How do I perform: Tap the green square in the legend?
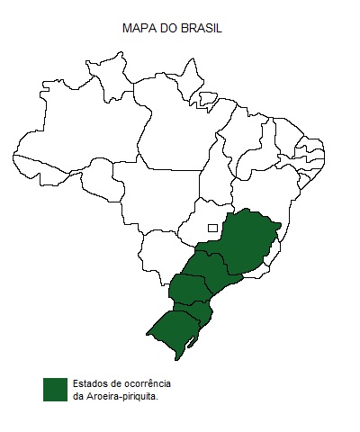(55, 389)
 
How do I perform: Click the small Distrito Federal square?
(212, 228)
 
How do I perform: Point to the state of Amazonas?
(81, 135)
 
